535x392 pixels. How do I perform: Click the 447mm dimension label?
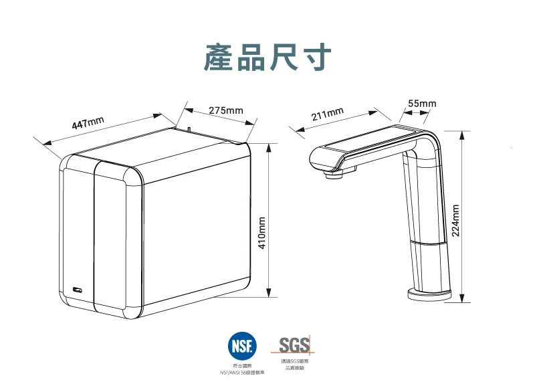pyautogui.click(x=88, y=124)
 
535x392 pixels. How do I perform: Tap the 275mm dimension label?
pyautogui.click(x=225, y=110)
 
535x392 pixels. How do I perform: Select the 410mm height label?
pyautogui.click(x=262, y=233)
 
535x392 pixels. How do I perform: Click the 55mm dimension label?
pyautogui.click(x=422, y=104)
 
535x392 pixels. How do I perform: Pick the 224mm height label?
pyautogui.click(x=455, y=221)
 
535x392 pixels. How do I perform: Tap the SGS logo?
pyautogui.click(x=294, y=345)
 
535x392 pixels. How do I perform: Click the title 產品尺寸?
pyautogui.click(x=267, y=58)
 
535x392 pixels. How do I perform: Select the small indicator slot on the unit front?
pyautogui.click(x=78, y=290)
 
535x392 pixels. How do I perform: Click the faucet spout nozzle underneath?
pyautogui.click(x=332, y=175)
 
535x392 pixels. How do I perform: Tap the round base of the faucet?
pyautogui.click(x=431, y=294)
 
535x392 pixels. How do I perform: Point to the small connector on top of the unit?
pyautogui.click(x=189, y=128)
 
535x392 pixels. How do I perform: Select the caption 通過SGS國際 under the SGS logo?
pyautogui.click(x=294, y=361)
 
